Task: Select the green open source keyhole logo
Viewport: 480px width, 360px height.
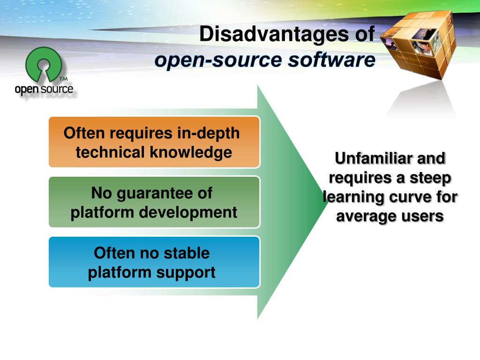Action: coord(44,65)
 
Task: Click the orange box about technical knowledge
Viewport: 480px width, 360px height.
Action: coord(154,142)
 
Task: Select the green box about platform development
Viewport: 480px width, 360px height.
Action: coord(154,202)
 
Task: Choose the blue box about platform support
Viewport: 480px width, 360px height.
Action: coord(154,262)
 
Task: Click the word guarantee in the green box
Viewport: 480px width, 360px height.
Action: coord(158,193)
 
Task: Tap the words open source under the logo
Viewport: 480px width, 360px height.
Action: coord(44,89)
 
